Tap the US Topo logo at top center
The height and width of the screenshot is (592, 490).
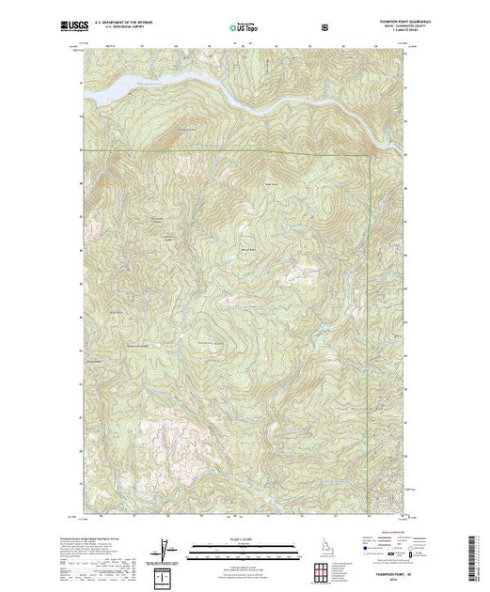(240, 28)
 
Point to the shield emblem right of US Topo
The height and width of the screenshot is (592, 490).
(324, 28)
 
